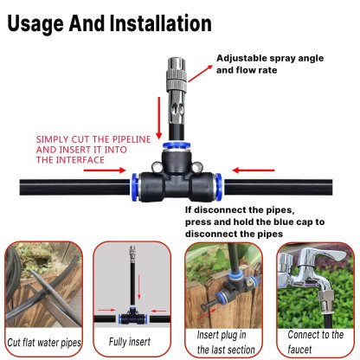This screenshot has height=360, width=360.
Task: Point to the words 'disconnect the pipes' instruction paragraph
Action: click(268, 222)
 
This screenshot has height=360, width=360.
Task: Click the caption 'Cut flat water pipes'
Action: click(45, 344)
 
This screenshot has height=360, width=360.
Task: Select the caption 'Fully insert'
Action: click(131, 344)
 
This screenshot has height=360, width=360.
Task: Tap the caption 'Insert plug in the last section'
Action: click(223, 343)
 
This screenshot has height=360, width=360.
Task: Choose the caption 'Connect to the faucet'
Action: click(312, 343)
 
